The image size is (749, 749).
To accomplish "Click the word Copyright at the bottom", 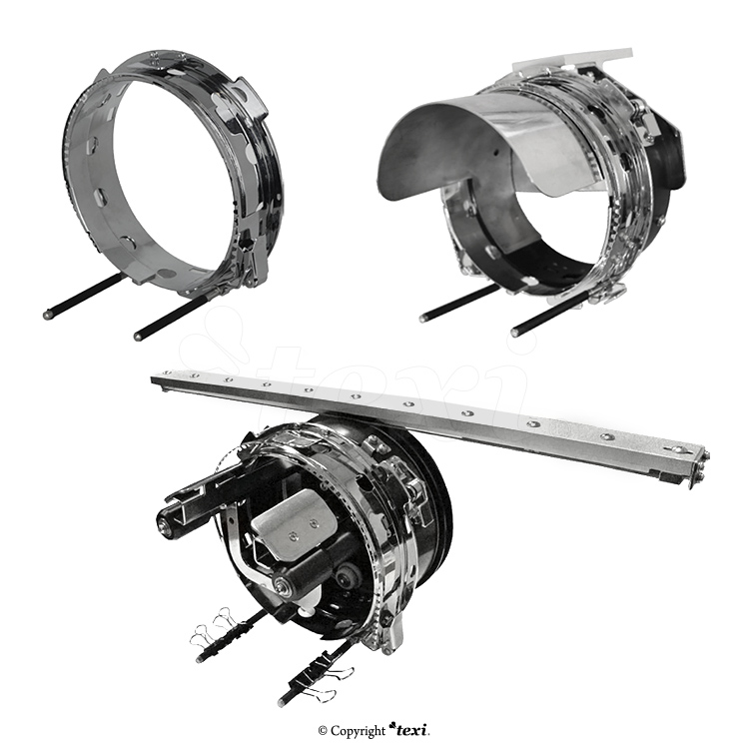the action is (x=358, y=731).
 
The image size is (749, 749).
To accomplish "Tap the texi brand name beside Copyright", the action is (x=408, y=730).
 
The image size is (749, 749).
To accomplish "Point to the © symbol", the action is (x=323, y=731).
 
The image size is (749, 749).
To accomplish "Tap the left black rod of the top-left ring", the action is (x=80, y=298).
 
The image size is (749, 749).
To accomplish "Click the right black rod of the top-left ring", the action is (x=173, y=317).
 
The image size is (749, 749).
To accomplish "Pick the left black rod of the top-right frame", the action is (x=457, y=301).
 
